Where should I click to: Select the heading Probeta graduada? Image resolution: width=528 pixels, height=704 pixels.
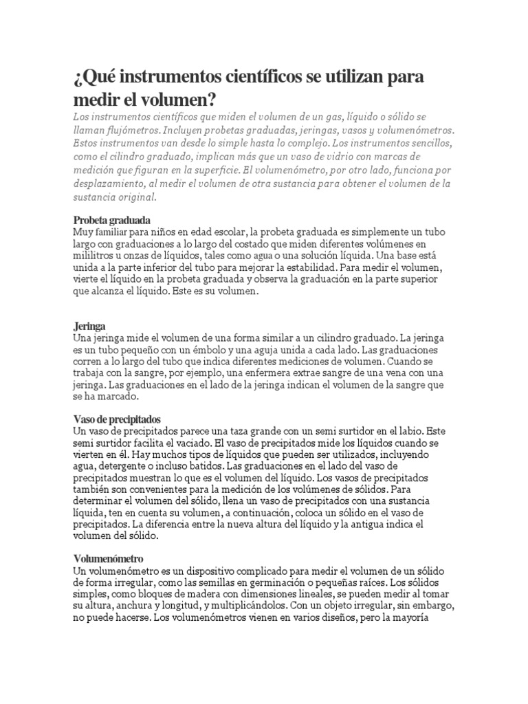[111, 221]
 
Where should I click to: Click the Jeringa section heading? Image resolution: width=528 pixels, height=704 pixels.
[89, 326]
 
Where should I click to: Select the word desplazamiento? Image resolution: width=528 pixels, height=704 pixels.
[110, 186]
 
